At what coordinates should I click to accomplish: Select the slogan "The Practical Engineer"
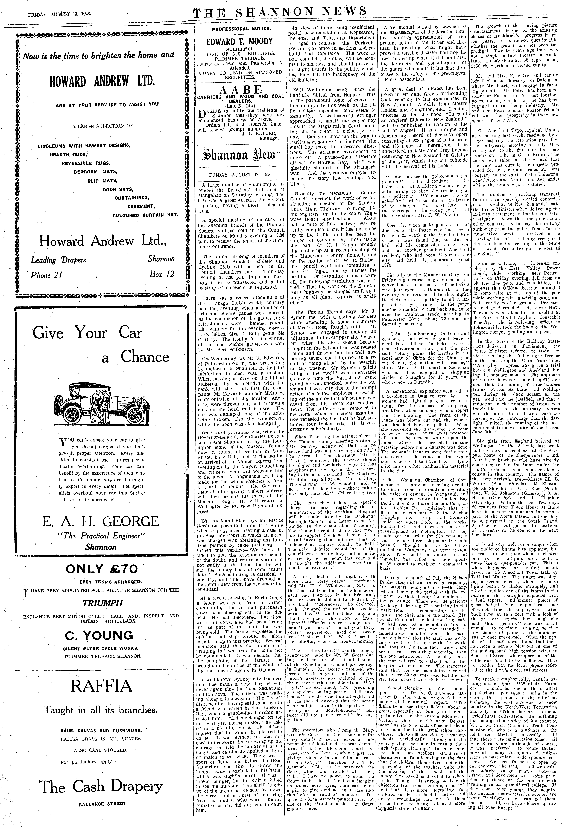point(101,535)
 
